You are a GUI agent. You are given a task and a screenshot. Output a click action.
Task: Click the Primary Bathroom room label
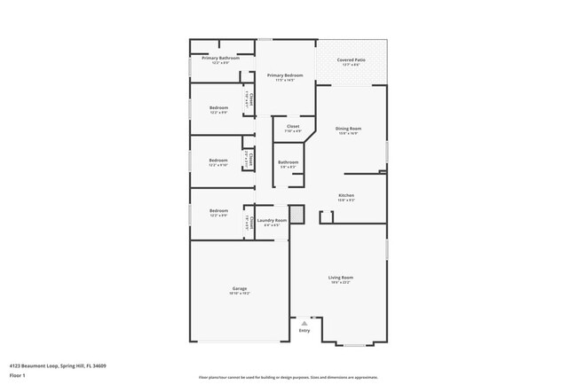point(208,58)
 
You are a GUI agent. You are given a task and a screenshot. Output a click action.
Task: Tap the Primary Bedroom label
point(286,75)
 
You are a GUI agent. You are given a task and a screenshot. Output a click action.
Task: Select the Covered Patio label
point(352,59)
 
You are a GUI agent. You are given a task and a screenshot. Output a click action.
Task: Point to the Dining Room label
point(348,129)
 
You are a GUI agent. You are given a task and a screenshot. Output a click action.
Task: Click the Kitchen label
point(346,195)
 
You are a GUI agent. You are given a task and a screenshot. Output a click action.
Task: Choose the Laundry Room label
point(273,220)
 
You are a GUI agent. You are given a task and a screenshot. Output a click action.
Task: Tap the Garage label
point(240,288)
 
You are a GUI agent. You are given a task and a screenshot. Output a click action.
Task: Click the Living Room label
point(342,278)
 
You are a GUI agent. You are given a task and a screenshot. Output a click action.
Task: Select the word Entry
point(304,331)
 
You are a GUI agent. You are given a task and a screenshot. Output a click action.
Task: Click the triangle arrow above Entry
point(304,324)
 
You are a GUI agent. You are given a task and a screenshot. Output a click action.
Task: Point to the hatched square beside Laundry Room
point(297,214)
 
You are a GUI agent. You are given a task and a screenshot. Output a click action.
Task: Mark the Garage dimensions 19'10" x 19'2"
point(240,293)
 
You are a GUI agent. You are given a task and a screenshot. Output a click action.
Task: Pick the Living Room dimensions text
point(342,283)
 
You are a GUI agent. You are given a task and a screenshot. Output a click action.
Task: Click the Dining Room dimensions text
point(348,134)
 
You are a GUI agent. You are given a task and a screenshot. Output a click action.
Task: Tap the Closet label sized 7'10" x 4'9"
point(293,130)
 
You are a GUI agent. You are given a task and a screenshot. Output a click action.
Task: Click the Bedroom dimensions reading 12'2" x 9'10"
point(218,165)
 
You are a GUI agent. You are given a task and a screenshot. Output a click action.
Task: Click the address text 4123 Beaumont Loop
point(51,365)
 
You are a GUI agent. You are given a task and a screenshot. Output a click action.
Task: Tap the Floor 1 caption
point(17,375)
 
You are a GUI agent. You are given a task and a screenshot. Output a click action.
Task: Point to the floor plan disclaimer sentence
point(288,377)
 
